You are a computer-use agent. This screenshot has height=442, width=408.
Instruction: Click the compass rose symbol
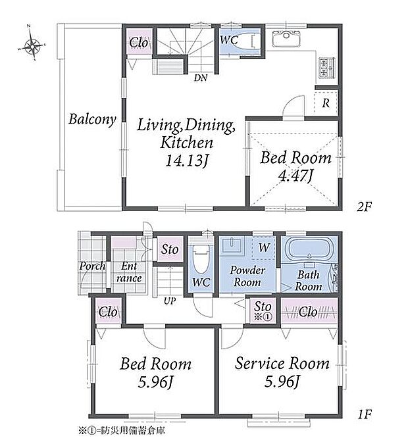pyautogui.click(x=32, y=43)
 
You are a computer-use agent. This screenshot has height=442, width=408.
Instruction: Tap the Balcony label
pyautogui.click(x=92, y=119)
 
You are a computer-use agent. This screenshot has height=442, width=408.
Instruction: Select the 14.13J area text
pyautogui.click(x=187, y=160)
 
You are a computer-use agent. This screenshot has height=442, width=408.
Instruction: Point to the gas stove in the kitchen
pyautogui.click(x=327, y=68)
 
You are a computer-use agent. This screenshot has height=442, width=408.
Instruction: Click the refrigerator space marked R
pyautogui.click(x=326, y=103)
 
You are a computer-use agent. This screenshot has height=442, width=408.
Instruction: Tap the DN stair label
pyautogui.click(x=200, y=78)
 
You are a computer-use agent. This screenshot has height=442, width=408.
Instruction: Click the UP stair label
pyautogui.click(x=170, y=301)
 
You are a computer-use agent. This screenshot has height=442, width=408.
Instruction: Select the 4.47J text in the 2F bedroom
pyautogui.click(x=295, y=176)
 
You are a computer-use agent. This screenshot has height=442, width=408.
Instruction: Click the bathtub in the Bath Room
pyautogui.click(x=309, y=249)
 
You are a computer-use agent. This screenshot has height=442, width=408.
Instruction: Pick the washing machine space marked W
pyautogui.click(x=264, y=248)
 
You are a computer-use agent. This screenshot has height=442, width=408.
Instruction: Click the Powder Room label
pyautogui.click(x=247, y=276)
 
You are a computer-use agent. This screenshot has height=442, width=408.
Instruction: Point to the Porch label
pyautogui.click(x=92, y=266)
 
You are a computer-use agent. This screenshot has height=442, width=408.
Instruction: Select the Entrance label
pyautogui.click(x=129, y=272)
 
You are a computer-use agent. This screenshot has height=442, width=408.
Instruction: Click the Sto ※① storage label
pyautogui.click(x=263, y=310)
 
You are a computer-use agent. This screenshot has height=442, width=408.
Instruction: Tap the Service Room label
pyautogui.click(x=282, y=363)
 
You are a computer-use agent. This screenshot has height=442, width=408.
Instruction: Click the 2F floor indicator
pyautogui.click(x=364, y=207)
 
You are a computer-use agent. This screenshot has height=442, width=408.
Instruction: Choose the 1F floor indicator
pyautogui.click(x=365, y=414)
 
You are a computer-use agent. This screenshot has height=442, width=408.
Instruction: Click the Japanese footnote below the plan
pyautogui.click(x=122, y=430)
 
